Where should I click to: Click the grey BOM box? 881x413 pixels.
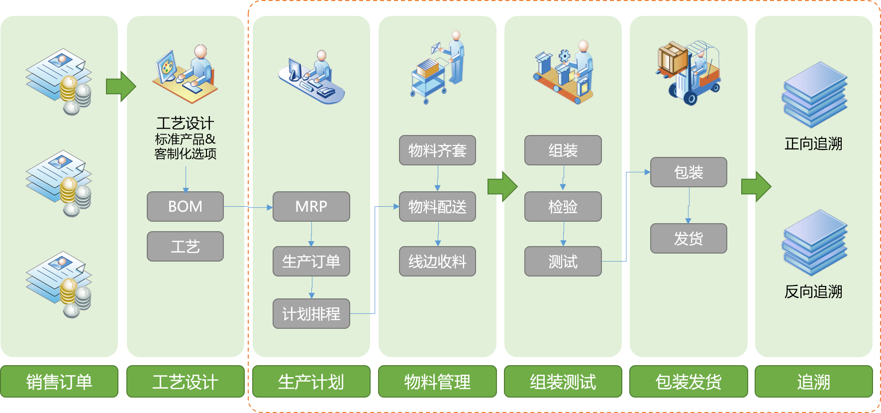pos(185,206)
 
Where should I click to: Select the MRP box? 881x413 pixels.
pos(311,206)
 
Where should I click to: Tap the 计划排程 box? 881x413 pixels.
pos(311,313)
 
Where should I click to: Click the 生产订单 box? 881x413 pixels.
pos(311,261)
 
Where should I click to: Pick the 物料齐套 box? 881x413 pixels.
pos(437,150)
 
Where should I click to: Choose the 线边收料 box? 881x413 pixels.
pos(437,261)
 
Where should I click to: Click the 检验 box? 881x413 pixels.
pos(563,206)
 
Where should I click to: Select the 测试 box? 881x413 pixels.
pos(563,261)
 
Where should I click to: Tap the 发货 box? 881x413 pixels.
pos(688,238)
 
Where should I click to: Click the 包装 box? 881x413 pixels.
pos(688,172)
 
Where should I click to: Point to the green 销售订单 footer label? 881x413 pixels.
pos(59,382)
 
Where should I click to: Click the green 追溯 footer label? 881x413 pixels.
pos(813,382)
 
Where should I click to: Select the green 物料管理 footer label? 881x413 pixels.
pos(437,382)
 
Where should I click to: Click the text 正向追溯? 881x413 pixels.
pos(813,143)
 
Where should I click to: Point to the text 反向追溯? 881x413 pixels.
pos(813,291)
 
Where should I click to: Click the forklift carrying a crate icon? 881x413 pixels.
pos(688,72)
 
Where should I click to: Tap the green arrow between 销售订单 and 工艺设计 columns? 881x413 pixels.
pos(120,86)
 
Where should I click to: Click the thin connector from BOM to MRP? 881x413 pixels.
pos(248,207)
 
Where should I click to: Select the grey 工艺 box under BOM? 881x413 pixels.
pos(185,246)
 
